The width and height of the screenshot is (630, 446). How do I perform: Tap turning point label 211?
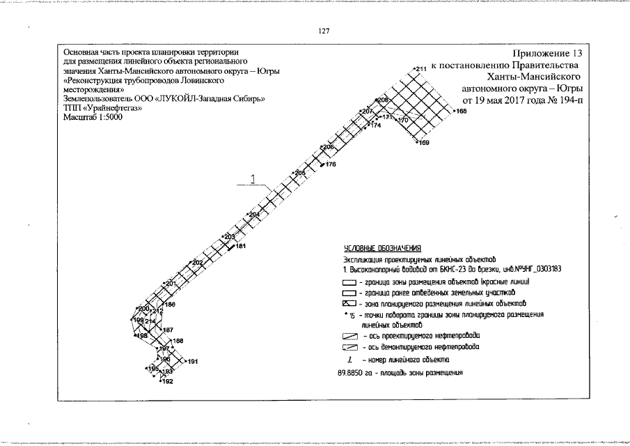(420, 69)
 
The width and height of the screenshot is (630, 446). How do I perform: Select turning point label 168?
(460, 111)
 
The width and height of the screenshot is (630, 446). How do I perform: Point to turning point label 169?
(424, 143)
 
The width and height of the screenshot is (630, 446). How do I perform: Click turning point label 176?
(331, 164)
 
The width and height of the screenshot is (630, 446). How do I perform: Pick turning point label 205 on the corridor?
(300, 172)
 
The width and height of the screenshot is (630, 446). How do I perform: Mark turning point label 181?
(241, 246)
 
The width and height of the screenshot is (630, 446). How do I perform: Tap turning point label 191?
(193, 361)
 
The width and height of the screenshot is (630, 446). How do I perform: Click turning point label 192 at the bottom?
(167, 381)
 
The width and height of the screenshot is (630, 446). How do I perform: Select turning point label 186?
(170, 305)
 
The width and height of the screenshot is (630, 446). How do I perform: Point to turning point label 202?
(198, 262)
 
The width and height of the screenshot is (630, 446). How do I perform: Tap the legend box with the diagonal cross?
(349, 303)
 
